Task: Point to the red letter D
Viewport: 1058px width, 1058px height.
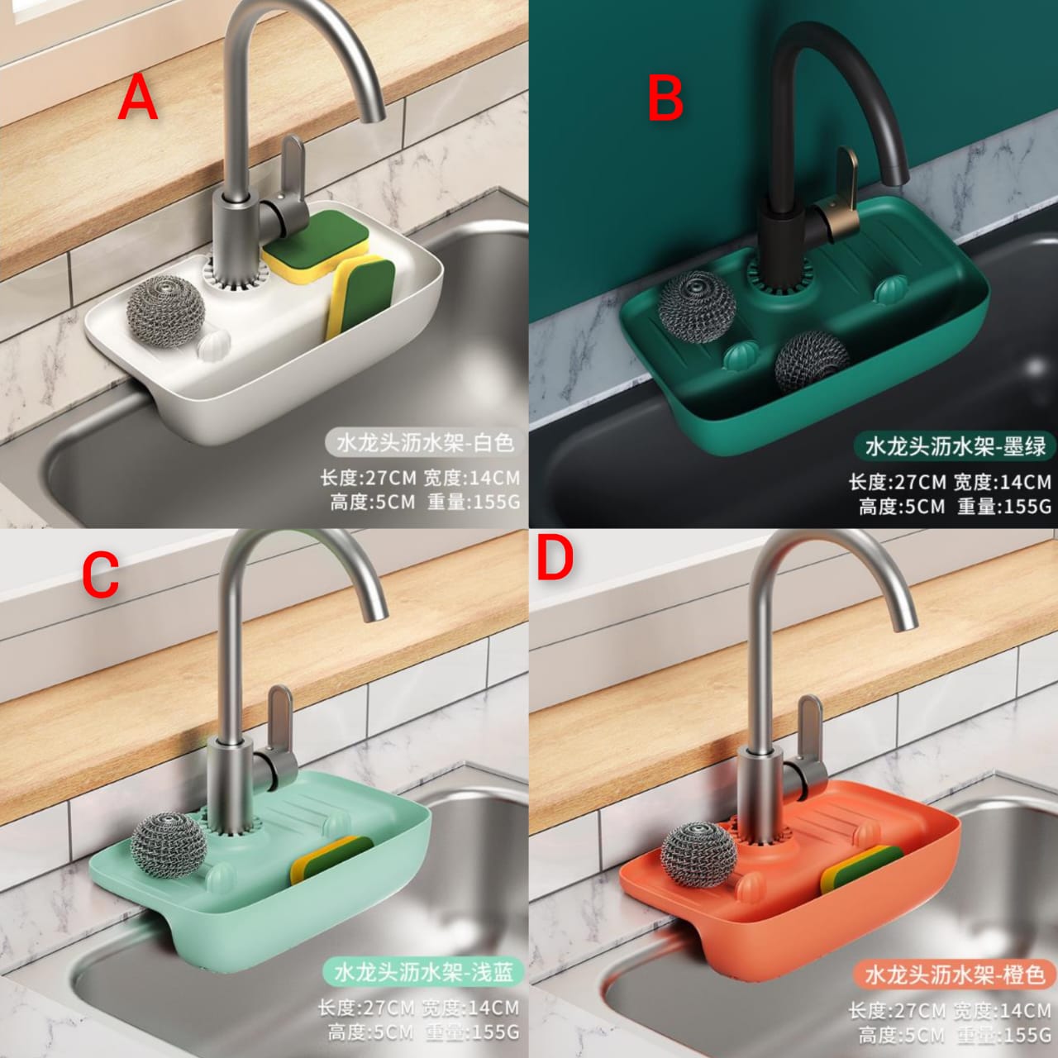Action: click(x=555, y=561)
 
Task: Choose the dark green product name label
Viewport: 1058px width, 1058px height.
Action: click(x=955, y=447)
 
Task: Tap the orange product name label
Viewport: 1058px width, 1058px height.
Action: click(x=955, y=975)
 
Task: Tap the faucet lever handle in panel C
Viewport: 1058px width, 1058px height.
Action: click(x=279, y=717)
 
